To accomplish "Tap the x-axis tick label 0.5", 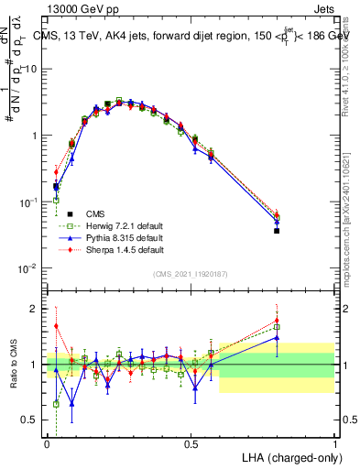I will (191, 442).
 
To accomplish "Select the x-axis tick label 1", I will (335, 442).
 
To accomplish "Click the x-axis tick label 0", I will (47, 442).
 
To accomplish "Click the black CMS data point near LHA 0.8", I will (277, 231).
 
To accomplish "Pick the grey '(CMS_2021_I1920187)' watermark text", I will (191, 274).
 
